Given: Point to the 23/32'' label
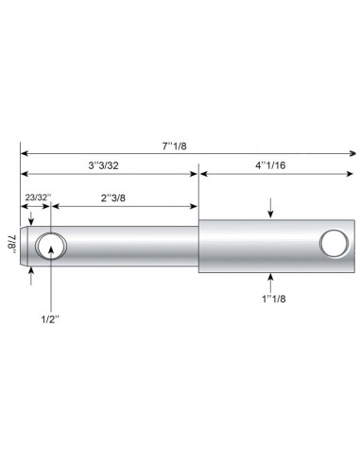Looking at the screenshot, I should click(x=36, y=197).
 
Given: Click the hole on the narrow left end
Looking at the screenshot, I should click(x=51, y=247).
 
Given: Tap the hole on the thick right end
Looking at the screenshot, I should click(x=333, y=243).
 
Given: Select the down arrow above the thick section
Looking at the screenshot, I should click(x=271, y=210).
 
